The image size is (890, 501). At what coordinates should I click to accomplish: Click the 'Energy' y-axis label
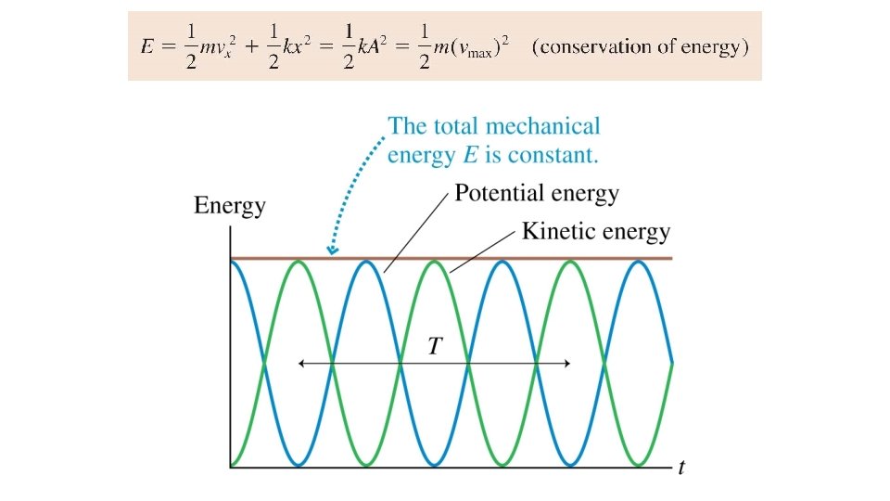pyautogui.click(x=229, y=206)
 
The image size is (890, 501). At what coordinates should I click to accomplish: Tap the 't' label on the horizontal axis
pyautogui.click(x=681, y=468)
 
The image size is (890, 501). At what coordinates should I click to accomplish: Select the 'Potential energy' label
pyautogui.click(x=536, y=194)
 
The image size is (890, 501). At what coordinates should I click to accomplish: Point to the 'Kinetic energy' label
pyautogui.click(x=595, y=231)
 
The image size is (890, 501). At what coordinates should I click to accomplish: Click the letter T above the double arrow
pyautogui.click(x=435, y=347)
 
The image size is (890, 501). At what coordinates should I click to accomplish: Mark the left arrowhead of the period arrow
pyautogui.click(x=301, y=364)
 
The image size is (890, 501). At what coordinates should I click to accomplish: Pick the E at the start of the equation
pyautogui.click(x=147, y=47)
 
